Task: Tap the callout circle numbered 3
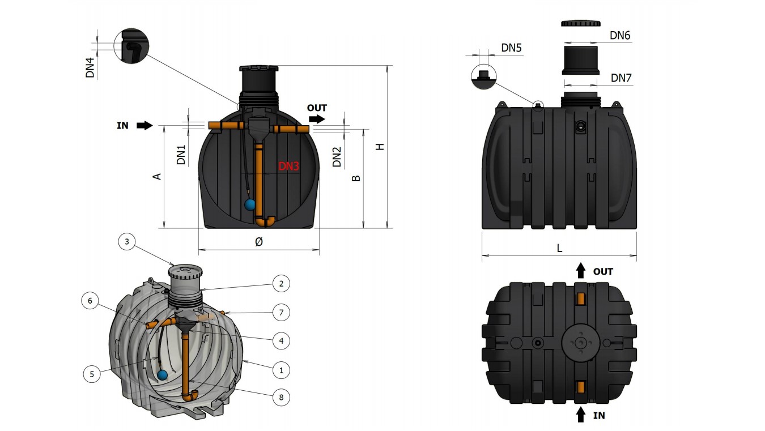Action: (127, 242)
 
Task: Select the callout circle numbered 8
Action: (280, 397)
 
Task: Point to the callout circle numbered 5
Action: (91, 373)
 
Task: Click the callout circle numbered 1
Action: (280, 370)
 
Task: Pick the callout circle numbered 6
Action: (90, 300)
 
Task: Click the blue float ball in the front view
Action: (250, 204)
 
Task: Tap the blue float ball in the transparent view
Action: (163, 374)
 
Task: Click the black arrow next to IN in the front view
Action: (144, 125)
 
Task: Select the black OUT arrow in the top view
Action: (581, 271)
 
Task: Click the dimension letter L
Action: (559, 248)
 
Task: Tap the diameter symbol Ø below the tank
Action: (258, 241)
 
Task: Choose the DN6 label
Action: (620, 35)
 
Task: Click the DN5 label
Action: (511, 48)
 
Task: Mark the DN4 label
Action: (90, 67)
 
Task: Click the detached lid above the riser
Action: (581, 23)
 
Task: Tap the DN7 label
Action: (621, 78)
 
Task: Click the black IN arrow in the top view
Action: (581, 415)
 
